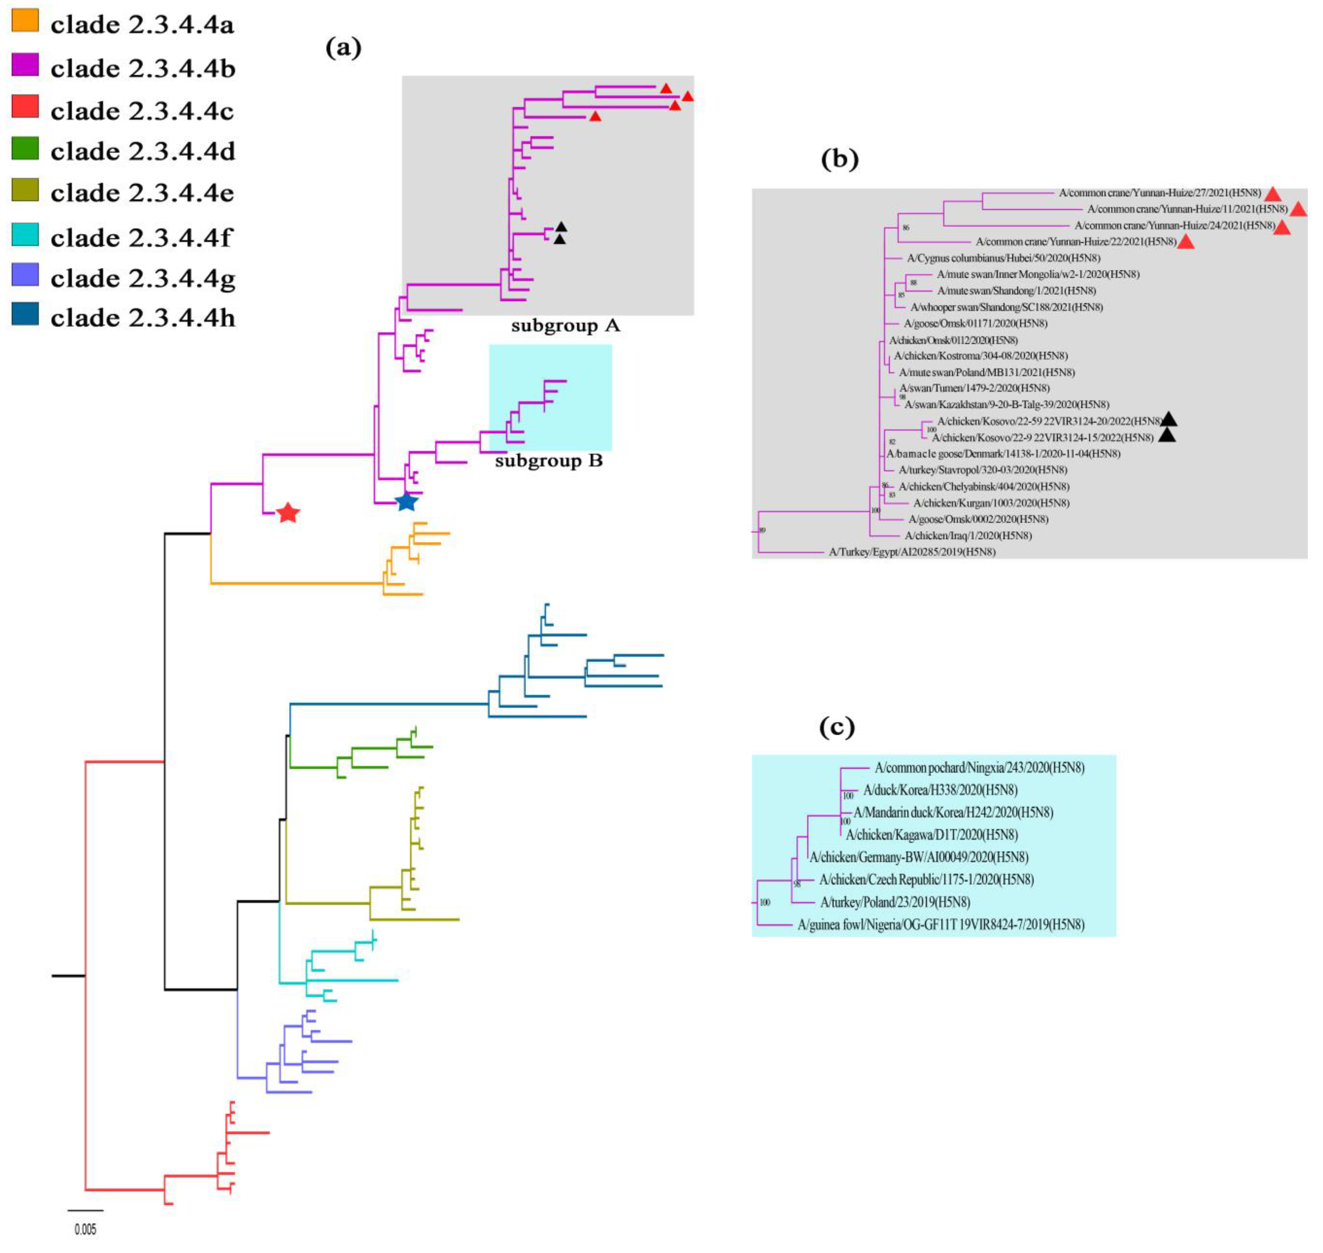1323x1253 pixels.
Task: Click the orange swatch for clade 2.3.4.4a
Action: (x=25, y=20)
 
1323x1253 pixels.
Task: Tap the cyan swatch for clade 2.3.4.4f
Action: (x=25, y=235)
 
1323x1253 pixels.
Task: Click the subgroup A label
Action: (x=565, y=326)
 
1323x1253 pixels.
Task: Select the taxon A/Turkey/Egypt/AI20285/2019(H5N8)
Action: (x=912, y=552)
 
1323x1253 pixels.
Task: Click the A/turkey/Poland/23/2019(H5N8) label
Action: (x=895, y=902)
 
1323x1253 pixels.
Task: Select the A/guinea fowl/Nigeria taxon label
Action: (x=940, y=925)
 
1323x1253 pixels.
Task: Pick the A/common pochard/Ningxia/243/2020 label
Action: (x=979, y=768)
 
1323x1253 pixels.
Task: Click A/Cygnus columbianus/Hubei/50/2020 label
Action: (x=1003, y=258)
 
